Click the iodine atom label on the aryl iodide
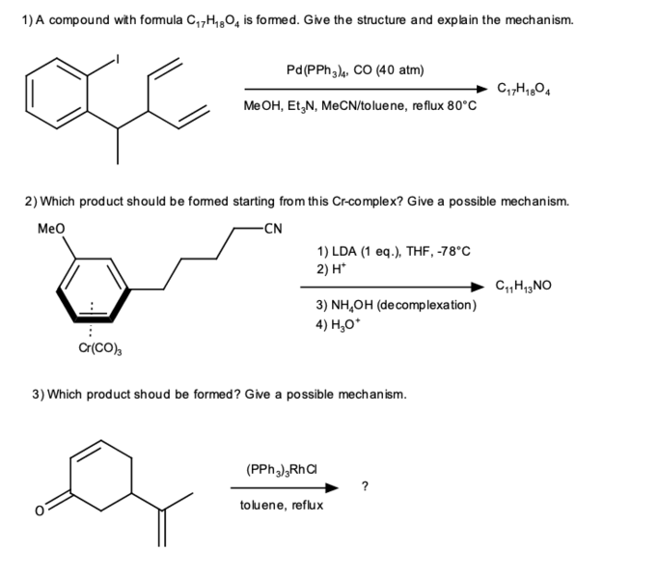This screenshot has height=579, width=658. pyautogui.click(x=118, y=60)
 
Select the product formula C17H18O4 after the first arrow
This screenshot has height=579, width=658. pyautogui.click(x=524, y=89)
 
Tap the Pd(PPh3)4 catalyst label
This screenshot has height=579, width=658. pyautogui.click(x=317, y=70)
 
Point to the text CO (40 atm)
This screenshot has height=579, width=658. pyautogui.click(x=389, y=69)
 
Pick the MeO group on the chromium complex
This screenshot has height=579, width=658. pyautogui.click(x=51, y=229)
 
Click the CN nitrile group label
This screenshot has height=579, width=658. pyautogui.click(x=273, y=229)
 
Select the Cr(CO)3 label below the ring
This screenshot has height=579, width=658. pyautogui.click(x=100, y=348)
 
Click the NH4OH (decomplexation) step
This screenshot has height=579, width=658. pyautogui.click(x=397, y=305)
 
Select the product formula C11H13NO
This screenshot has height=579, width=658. pyautogui.click(x=523, y=286)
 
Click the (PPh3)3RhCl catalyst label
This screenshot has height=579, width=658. pyautogui.click(x=282, y=469)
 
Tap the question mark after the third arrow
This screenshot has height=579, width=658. pyautogui.click(x=365, y=486)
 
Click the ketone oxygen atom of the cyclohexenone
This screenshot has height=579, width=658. pyautogui.click(x=39, y=510)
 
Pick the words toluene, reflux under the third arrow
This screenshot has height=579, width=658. pyautogui.click(x=282, y=505)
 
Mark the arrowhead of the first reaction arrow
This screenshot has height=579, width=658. pyautogui.click(x=482, y=89)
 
